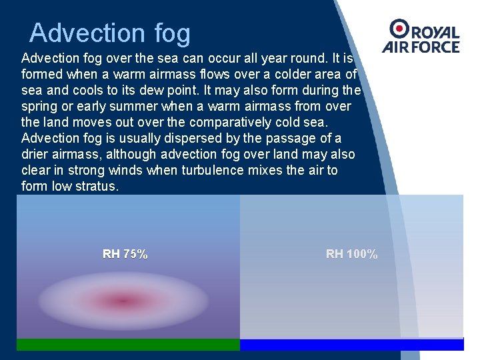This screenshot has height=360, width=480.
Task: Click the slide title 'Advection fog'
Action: tap(110, 33)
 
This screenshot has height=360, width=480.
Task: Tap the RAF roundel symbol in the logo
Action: tap(400, 28)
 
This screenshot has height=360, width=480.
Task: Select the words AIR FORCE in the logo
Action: tap(421, 47)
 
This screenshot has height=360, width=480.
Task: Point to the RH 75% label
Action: tap(125, 254)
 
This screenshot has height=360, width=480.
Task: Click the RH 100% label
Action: tap(351, 254)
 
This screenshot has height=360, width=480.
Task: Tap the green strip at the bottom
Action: tap(128, 345)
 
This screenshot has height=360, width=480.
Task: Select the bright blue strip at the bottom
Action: tap(351, 345)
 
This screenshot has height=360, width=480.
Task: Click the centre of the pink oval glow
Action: tap(123, 301)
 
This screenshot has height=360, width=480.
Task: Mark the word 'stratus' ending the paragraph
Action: tap(96, 186)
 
